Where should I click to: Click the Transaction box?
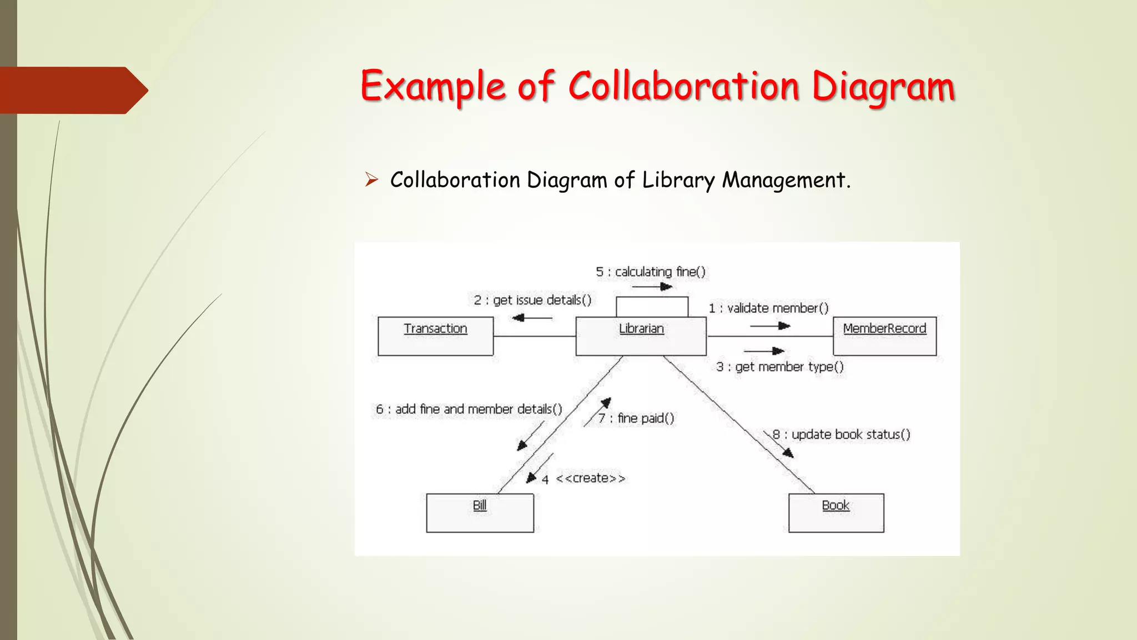click(435, 336)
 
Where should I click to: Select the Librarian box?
click(641, 336)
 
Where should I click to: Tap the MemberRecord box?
click(884, 336)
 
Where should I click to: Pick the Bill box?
click(480, 513)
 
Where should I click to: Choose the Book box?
click(836, 513)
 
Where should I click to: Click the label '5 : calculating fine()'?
click(651, 272)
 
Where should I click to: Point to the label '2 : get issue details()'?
click(532, 300)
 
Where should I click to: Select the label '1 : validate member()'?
click(768, 308)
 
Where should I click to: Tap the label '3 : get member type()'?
click(779, 367)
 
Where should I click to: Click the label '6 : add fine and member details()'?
click(469, 409)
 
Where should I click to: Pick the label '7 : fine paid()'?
click(636, 418)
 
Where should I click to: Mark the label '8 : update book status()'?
click(841, 434)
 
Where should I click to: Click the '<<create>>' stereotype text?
click(591, 478)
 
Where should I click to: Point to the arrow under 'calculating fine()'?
click(652, 287)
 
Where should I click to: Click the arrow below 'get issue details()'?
click(532, 318)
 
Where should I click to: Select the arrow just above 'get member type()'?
click(764, 351)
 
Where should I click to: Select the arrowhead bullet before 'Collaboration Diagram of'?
click(371, 179)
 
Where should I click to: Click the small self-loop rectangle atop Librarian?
click(652, 307)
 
